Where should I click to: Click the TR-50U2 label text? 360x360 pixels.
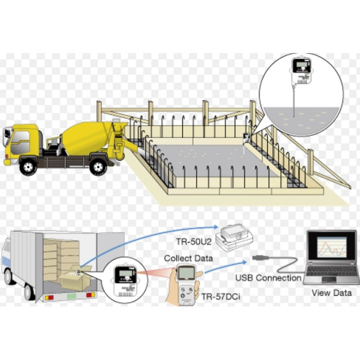click(x=193, y=242)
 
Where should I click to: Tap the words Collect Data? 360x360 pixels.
click(x=188, y=258)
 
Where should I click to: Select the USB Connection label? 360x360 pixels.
click(x=268, y=278)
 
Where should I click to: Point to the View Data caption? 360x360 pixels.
click(x=332, y=293)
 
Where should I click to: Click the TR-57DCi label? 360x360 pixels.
click(x=221, y=297)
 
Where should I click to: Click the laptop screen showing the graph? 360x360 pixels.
click(x=332, y=247)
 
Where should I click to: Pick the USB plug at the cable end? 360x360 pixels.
click(x=261, y=257)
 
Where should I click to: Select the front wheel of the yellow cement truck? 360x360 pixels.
click(x=28, y=165)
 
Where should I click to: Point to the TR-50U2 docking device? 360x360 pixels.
click(x=234, y=239)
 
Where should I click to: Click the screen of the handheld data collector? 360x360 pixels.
click(x=186, y=273)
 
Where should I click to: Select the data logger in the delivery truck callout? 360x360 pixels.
click(x=125, y=279)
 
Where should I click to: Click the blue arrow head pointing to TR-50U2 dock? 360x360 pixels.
click(x=216, y=227)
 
